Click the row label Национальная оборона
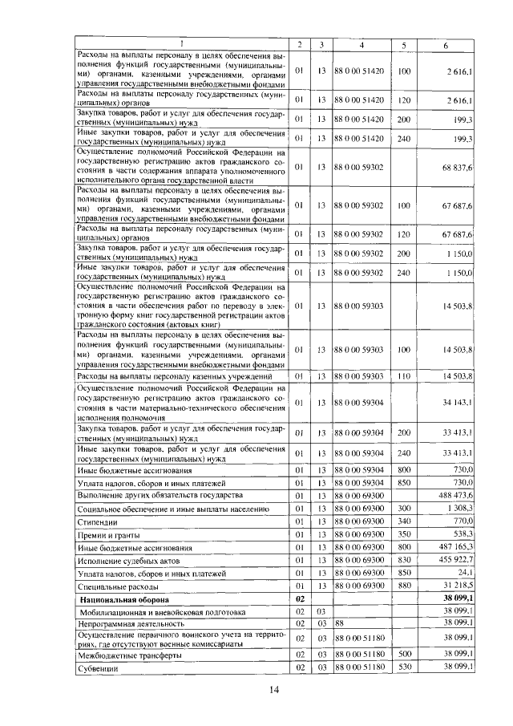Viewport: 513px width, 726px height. pos(123,598)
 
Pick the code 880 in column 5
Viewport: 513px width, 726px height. pos(404,586)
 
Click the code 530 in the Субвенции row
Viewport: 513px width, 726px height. pos(404,667)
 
